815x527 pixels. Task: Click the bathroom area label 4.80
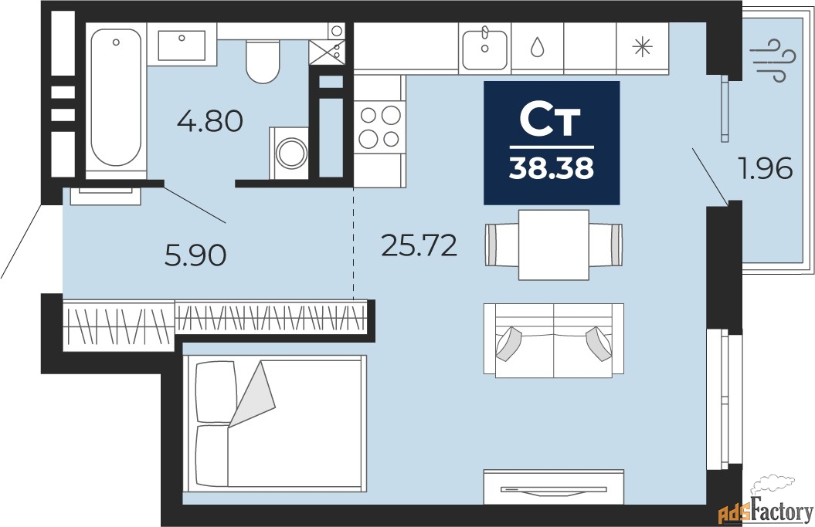[x=210, y=122]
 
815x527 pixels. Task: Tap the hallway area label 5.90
[x=195, y=255]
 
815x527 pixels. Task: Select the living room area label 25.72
[x=419, y=245]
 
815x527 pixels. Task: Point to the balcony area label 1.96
[x=766, y=168]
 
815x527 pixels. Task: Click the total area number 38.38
[x=552, y=168]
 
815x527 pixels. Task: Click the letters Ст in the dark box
[x=551, y=120]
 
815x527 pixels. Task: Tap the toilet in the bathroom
[x=263, y=62]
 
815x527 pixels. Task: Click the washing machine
[x=289, y=154]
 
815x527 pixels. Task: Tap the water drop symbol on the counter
[x=538, y=48]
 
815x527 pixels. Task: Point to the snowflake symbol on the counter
[x=642, y=48]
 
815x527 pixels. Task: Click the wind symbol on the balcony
[x=773, y=60]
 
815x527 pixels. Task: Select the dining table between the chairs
[x=554, y=245]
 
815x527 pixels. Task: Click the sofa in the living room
[x=554, y=340]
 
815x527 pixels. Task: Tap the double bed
[x=274, y=423]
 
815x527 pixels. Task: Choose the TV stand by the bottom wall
[x=554, y=487]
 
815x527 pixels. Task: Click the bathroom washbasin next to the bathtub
[x=182, y=46]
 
